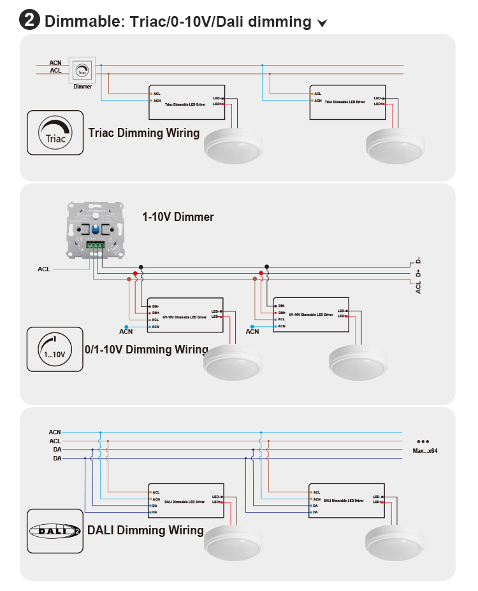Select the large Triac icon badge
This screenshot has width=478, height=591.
tap(55, 132)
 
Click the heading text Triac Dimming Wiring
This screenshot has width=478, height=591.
tap(144, 133)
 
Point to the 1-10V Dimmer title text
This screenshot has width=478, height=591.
tap(178, 217)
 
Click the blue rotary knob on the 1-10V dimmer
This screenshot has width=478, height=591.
tap(95, 230)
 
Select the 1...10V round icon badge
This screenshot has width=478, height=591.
tap(55, 349)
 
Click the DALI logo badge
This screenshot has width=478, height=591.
tap(55, 530)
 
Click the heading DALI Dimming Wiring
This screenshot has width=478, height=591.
tap(145, 530)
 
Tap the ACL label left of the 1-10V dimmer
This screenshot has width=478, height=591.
tap(43, 269)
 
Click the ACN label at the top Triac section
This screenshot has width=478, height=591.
tap(55, 63)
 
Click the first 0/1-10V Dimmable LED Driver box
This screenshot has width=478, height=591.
tap(185, 315)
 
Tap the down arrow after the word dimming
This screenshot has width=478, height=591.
tap(322, 24)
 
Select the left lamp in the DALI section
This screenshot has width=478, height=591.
tap(233, 543)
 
